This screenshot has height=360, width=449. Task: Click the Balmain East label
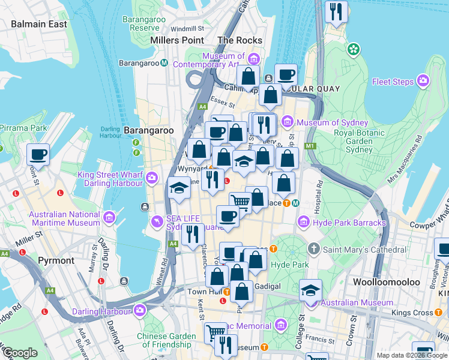point(39,24)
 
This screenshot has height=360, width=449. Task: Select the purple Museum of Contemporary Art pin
point(253,58)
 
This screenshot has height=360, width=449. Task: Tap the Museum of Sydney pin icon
point(287,122)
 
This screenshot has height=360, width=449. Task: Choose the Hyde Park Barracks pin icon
point(304,223)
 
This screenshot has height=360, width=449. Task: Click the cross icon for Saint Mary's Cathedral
point(313,249)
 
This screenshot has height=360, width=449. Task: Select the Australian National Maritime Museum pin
point(109,217)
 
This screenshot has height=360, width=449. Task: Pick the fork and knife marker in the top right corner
point(336,11)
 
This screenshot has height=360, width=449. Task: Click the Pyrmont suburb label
point(56,260)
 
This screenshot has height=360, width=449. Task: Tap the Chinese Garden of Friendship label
point(166,341)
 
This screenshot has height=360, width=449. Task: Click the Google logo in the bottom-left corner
point(20,353)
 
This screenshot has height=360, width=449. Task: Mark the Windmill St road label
point(187,28)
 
